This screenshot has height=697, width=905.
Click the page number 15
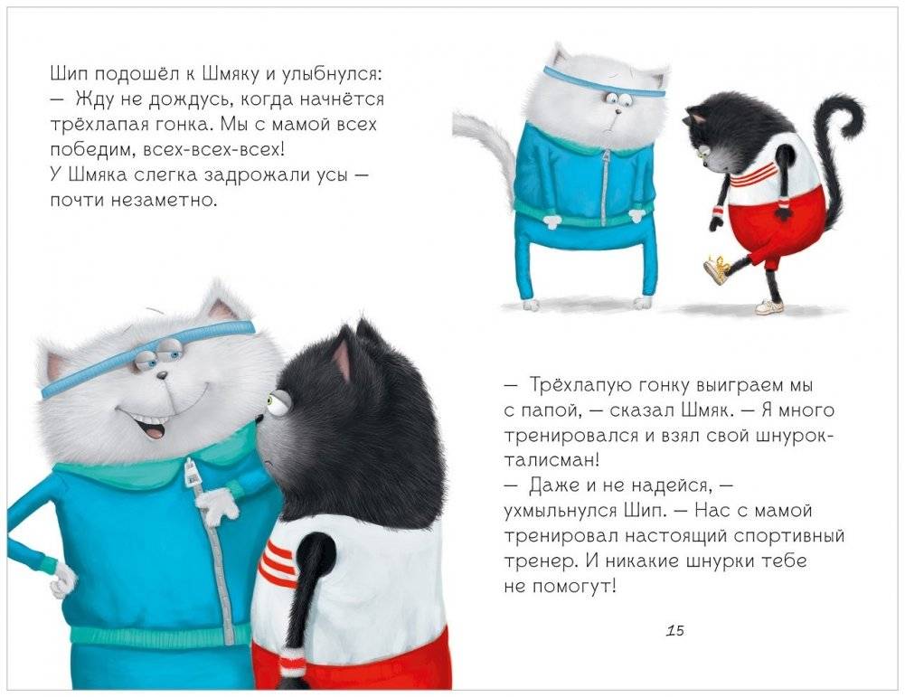coord(675,630)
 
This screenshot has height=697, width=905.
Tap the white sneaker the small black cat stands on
coord(770,306)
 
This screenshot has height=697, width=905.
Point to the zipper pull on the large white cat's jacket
coord(189,472)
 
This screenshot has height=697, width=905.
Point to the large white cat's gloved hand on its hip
coord(62,579)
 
